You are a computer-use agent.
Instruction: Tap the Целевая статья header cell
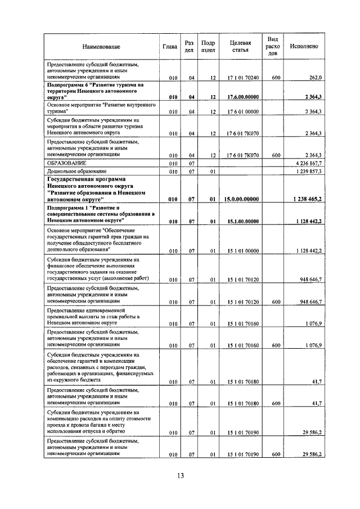(240, 47)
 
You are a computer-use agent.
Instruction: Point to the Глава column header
(170, 47)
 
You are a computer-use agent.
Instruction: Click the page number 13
(179, 475)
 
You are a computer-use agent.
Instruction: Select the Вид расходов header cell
(273, 47)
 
